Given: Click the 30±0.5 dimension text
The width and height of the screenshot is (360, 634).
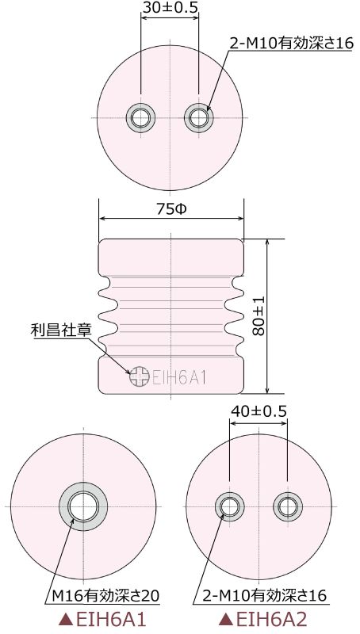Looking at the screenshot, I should coord(170,9).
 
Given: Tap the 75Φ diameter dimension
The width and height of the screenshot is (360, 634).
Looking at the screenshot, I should coord(170,209).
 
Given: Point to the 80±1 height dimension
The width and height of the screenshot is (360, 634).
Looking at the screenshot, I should coord(258,316).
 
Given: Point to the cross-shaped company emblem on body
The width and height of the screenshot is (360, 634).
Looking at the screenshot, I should coord(140,376).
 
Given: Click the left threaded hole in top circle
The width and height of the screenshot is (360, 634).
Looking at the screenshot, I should coord(140,118).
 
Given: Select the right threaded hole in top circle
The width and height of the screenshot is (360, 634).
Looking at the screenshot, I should coord(199,118).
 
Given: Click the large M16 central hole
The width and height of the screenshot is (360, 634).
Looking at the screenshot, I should coord(81,506).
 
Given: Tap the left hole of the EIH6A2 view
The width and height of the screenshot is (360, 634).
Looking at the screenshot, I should coord(229,506).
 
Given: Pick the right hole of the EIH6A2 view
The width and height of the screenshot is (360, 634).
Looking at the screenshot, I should coord(285,506).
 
